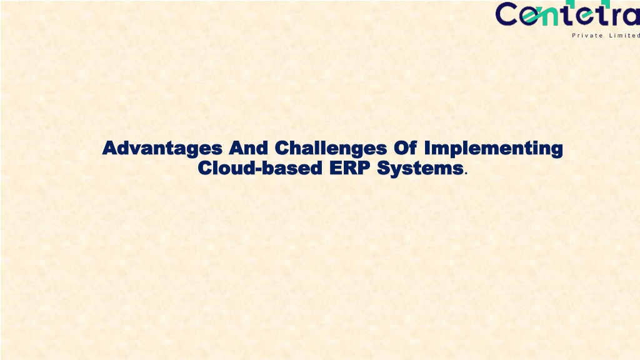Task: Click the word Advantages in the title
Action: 162,148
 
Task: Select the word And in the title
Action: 248,147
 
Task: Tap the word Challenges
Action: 331,148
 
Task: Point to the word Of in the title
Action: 405,147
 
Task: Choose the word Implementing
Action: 494,148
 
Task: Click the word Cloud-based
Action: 260,167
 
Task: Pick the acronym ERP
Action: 350,167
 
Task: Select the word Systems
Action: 420,168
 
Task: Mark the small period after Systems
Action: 466,174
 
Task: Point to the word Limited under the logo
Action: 624,36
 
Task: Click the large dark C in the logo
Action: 507,14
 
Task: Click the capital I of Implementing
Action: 427,147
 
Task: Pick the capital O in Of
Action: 401,147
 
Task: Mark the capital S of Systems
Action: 384,167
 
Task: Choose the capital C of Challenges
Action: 282,147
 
